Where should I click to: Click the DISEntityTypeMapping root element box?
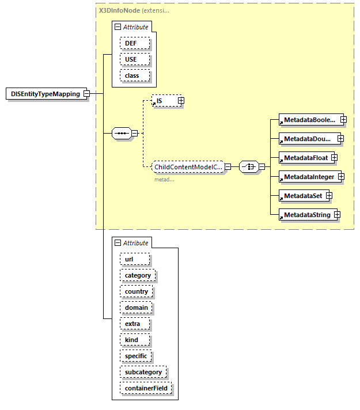(46, 94)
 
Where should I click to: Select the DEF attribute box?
(135, 43)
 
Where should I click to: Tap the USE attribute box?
(135, 59)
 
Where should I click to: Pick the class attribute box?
(135, 75)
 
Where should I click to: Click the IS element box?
(164, 101)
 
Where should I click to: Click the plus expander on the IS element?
(181, 101)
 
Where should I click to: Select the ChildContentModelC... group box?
(188, 167)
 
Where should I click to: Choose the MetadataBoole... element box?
(308, 120)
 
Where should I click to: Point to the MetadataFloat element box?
(304, 157)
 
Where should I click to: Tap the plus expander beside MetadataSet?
(329, 196)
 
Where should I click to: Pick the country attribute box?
(137, 291)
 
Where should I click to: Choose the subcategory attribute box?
(143, 372)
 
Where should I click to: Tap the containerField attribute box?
(146, 388)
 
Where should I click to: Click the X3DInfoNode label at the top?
(119, 10)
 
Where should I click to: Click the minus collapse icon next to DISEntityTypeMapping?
(86, 94)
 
